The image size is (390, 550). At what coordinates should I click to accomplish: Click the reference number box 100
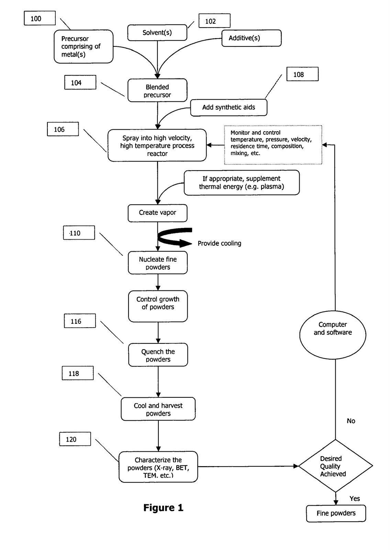40,18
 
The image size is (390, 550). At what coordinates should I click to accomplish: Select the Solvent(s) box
157,33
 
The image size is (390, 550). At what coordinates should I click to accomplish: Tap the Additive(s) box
251,38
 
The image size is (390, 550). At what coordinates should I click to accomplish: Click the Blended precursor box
157,90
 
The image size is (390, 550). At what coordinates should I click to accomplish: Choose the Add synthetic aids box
229,108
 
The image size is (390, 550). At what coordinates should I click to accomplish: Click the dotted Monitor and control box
273,145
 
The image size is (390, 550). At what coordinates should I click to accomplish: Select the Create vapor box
157,213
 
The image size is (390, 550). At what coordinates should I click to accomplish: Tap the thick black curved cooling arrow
175,237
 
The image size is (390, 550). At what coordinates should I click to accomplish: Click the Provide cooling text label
219,243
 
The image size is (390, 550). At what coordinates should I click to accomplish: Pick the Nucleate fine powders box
158,263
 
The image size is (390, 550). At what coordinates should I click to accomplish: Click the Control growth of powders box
158,306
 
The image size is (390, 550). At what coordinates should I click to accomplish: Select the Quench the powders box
158,355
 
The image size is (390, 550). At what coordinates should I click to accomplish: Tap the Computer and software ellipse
333,333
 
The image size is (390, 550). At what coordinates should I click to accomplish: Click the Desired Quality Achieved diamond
335,466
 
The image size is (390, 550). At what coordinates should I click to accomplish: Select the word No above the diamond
351,421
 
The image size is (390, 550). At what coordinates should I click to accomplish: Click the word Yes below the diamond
355,499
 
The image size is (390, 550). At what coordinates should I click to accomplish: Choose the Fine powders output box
336,513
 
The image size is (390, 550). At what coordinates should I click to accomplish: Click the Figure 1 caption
163,508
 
